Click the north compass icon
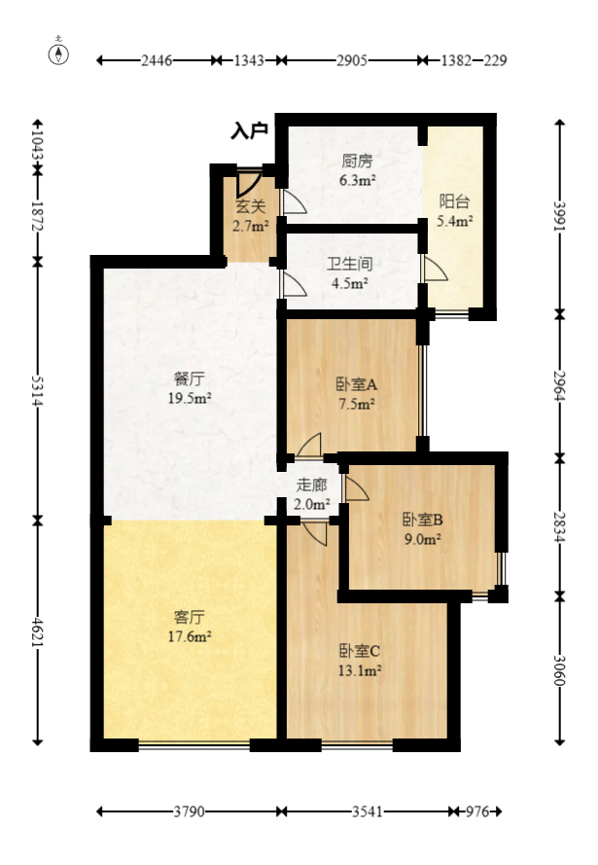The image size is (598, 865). (58, 53)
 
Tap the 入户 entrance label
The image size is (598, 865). (249, 130)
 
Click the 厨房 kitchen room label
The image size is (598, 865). (357, 162)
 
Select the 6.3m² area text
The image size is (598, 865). (357, 180)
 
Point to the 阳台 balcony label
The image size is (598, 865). (455, 201)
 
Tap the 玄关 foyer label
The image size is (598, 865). (251, 206)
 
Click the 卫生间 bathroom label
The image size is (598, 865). (349, 264)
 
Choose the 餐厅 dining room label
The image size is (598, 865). (189, 378)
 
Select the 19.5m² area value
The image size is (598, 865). (190, 398)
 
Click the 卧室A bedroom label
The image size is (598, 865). (357, 384)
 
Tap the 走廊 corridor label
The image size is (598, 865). (311, 485)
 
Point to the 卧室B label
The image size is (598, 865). (423, 520)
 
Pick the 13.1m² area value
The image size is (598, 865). (360, 670)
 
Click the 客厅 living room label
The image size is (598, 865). (189, 617)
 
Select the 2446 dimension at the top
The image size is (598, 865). (158, 60)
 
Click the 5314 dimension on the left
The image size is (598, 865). (38, 390)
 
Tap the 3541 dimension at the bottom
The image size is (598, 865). (368, 811)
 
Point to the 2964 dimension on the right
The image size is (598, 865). (560, 386)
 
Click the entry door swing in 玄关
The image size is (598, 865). (248, 183)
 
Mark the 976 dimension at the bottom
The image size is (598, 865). (477, 811)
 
